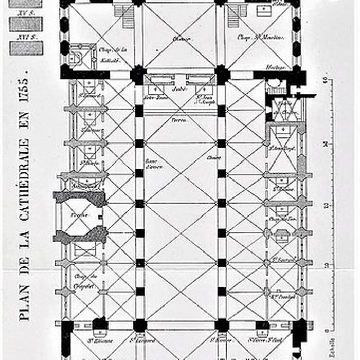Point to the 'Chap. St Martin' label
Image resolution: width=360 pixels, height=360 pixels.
[254, 37]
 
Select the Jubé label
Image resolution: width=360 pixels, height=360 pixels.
[179, 88]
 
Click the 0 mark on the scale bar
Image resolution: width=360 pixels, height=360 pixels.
[327, 331]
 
